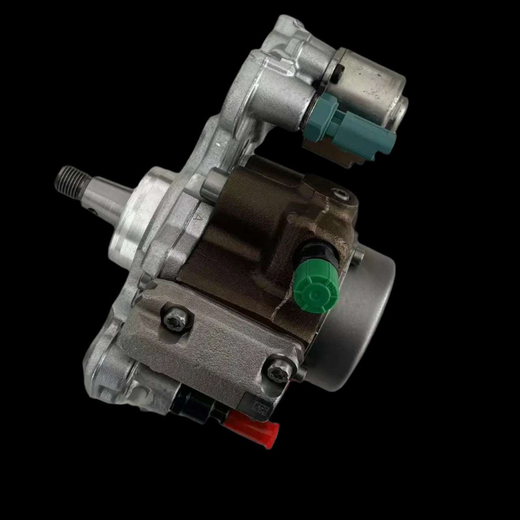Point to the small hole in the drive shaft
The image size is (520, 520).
click(93, 211)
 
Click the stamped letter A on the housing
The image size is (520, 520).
click(198, 219)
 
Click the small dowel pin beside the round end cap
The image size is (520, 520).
click(357, 256)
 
